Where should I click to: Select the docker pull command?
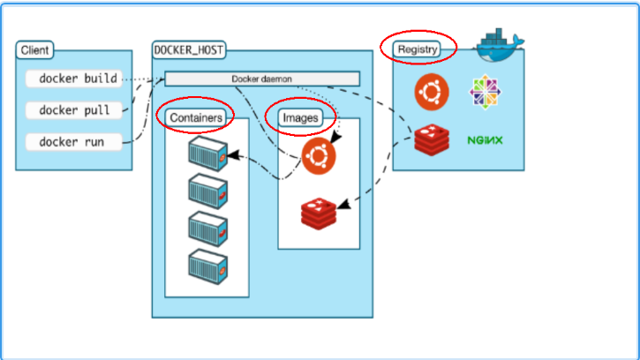(x=74, y=110)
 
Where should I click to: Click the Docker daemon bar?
(x=262, y=79)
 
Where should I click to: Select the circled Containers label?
(x=196, y=116)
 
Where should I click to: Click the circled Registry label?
(x=418, y=49)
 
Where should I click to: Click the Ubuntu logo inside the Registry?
(x=432, y=91)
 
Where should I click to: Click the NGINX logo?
(x=485, y=139)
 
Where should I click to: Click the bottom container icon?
(x=207, y=265)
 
